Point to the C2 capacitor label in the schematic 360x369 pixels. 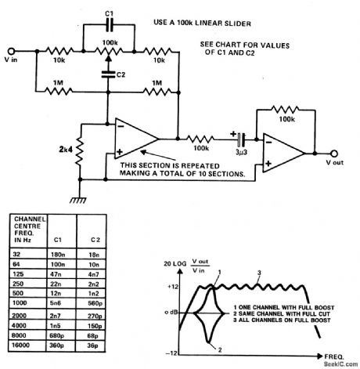tap(119, 74)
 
